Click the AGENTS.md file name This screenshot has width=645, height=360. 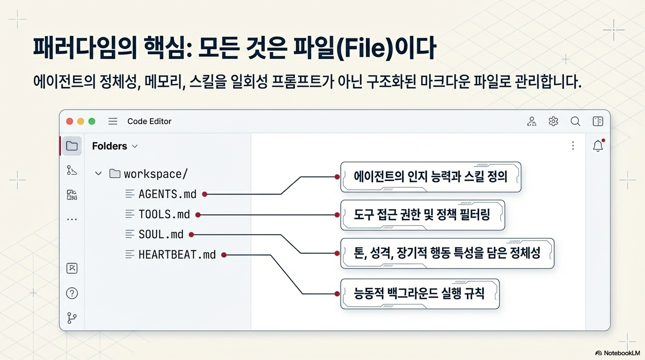coord(167,194)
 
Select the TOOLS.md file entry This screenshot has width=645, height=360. coord(164,214)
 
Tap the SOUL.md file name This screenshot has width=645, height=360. coord(161,234)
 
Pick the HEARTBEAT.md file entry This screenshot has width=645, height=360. coord(177,255)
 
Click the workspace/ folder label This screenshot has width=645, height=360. coord(155,174)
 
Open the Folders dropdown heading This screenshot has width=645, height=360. coord(114,146)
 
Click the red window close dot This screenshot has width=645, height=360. coord(69,121)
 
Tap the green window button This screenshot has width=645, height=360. coord(92,121)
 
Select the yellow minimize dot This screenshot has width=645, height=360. coord(81,121)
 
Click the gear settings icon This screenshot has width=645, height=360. coord(553,121)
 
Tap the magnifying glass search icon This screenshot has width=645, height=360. coord(575,121)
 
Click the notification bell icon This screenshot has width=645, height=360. coord(598,146)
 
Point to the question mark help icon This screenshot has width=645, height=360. coord(72,293)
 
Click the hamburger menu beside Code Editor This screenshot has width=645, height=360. coord(112,121)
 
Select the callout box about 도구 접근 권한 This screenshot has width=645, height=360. coord(422,215)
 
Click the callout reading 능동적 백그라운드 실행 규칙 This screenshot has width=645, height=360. coord(420,294)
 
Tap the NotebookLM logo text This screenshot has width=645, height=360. coord(617,353)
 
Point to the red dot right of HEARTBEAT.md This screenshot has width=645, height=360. coord(224,255)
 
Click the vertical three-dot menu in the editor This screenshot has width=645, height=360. coord(573,146)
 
